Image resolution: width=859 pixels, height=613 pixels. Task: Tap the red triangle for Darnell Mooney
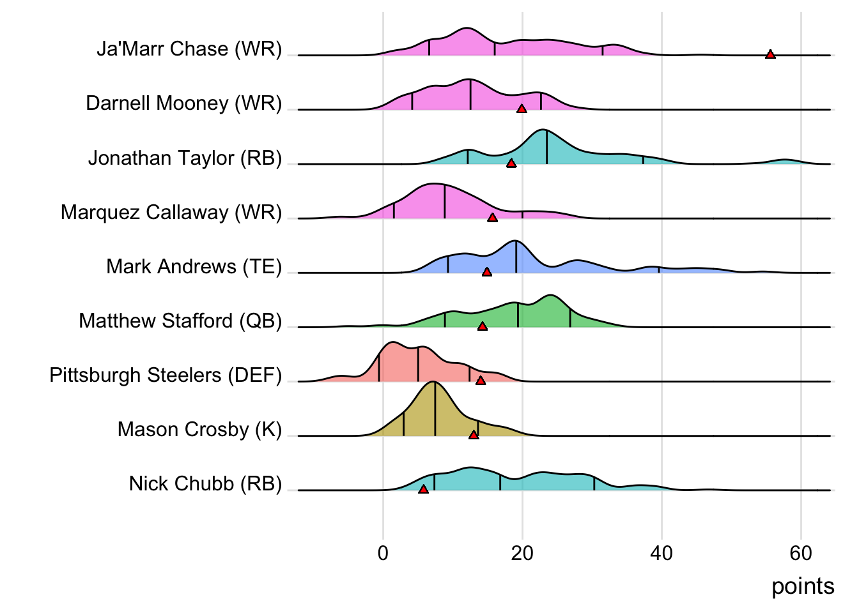pyautogui.click(x=522, y=109)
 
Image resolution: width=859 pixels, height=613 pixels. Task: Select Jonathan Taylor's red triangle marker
pyautogui.click(x=511, y=163)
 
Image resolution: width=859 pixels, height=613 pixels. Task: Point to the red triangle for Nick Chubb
pyautogui.click(x=423, y=489)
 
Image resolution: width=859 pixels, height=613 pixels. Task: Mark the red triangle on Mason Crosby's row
pyautogui.click(x=474, y=435)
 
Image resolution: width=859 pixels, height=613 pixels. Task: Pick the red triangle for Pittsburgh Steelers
pyautogui.click(x=481, y=381)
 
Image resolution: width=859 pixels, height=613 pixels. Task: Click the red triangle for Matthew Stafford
pyautogui.click(x=483, y=326)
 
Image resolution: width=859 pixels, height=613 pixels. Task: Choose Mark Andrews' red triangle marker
pyautogui.click(x=487, y=272)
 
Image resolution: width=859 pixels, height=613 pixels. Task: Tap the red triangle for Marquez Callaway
pyautogui.click(x=492, y=218)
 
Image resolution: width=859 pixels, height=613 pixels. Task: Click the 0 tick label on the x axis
pyautogui.click(x=383, y=553)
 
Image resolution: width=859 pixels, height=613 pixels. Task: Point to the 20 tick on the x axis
pyautogui.click(x=522, y=553)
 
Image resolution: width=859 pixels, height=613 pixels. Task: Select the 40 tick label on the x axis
pyautogui.click(x=662, y=553)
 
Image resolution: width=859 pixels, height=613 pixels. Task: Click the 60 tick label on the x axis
pyautogui.click(x=801, y=553)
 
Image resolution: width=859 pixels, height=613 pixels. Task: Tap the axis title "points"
pyautogui.click(x=803, y=586)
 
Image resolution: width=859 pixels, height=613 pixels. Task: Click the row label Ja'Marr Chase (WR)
pyautogui.click(x=189, y=49)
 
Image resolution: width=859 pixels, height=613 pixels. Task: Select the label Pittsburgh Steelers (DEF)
pyautogui.click(x=166, y=375)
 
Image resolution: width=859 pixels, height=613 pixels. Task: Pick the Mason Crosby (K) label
pyautogui.click(x=199, y=429)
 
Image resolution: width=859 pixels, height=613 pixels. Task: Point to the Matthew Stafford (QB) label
pyautogui.click(x=180, y=321)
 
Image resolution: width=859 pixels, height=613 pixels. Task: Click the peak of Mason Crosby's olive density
pyautogui.click(x=434, y=382)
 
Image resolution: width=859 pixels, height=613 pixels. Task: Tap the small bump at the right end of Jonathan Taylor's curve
pyautogui.click(x=785, y=160)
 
